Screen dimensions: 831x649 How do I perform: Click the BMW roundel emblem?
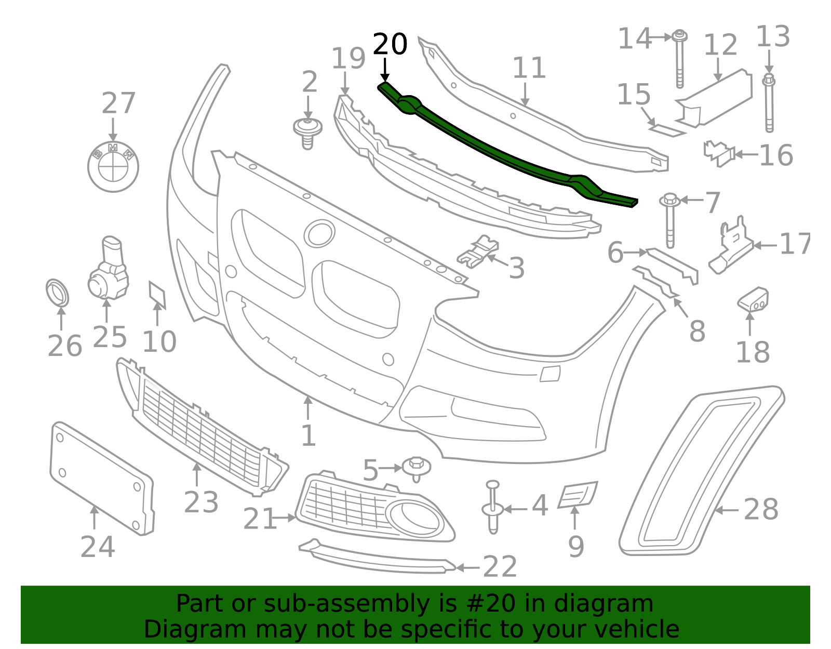tap(113, 167)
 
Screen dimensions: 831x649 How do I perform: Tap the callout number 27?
tap(118, 103)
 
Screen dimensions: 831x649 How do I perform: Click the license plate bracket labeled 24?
tap(102, 479)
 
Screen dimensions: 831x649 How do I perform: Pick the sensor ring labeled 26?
tap(57, 294)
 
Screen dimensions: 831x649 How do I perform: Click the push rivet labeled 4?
tap(493, 507)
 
